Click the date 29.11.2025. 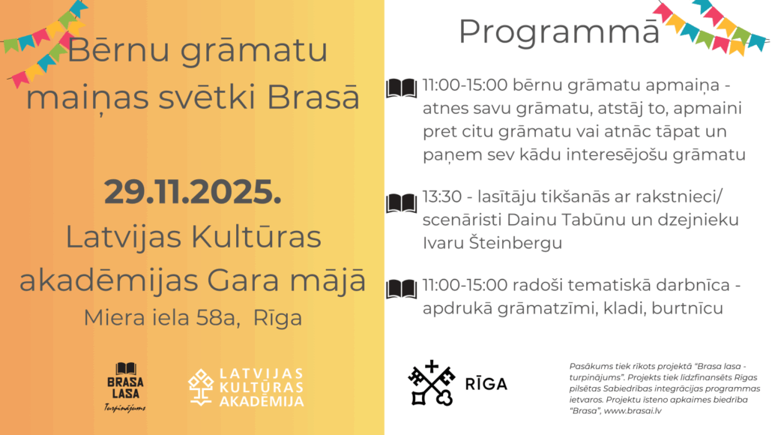[x=193, y=192]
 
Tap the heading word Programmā [x=559, y=32]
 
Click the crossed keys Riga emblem [x=431, y=382]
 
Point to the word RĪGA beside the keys [x=486, y=383]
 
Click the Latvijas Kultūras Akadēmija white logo [x=246, y=387]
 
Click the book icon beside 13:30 [x=401, y=203]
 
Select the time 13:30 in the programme [x=441, y=196]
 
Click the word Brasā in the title [x=313, y=97]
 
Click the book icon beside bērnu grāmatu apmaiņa [x=401, y=88]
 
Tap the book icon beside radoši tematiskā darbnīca [x=401, y=289]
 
